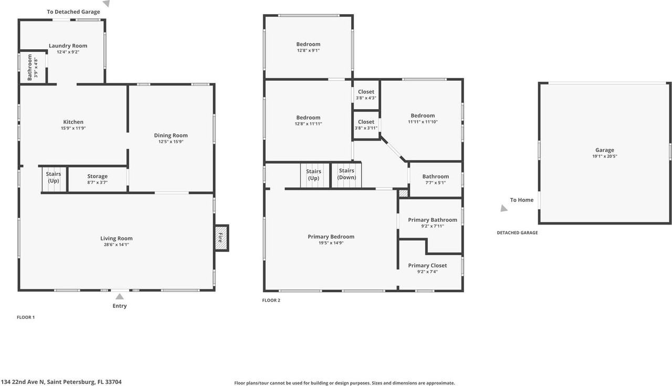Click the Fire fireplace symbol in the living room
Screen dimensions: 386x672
point(221,238)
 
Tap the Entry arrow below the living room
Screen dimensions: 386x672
point(120,297)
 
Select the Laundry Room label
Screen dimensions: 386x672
point(68,46)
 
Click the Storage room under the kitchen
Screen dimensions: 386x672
point(98,179)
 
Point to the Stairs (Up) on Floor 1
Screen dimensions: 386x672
point(54,178)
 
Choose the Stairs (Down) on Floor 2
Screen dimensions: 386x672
point(346,174)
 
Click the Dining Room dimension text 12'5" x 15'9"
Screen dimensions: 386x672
point(171,142)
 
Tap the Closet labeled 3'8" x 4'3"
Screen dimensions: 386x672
point(366,94)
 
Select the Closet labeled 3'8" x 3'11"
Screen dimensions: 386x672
point(366,125)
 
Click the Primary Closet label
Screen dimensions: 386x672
point(428,265)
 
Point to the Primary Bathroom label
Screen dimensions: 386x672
point(432,220)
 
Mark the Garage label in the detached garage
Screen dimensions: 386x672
point(605,150)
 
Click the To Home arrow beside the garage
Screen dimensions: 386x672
point(504,208)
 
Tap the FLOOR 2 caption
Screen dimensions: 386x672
point(271,301)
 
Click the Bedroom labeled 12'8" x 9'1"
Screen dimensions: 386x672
point(308,47)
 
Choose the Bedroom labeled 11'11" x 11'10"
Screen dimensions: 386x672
point(423,119)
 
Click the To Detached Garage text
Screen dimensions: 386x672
point(73,12)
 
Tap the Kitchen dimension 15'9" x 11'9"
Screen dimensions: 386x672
point(73,128)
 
